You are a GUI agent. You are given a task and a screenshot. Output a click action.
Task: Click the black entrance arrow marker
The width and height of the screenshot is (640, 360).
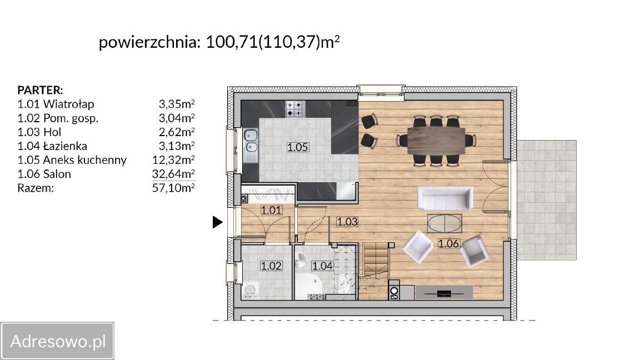tap(218, 222)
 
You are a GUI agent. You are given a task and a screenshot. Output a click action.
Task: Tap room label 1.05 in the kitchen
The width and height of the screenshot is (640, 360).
tap(297, 147)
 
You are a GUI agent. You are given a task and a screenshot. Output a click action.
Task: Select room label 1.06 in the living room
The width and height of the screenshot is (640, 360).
tap(448, 243)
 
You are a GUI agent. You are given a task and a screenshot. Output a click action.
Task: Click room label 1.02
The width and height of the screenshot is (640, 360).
tap(271, 266)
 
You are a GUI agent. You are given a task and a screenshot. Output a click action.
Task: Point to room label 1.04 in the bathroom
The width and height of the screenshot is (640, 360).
tap(322, 266)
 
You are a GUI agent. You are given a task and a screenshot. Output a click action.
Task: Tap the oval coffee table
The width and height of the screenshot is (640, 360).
tap(444, 224)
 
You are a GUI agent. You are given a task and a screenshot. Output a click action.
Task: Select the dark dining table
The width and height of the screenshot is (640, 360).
tap(436, 141)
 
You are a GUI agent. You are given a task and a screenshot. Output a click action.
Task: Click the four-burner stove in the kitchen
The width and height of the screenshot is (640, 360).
tap(295, 108)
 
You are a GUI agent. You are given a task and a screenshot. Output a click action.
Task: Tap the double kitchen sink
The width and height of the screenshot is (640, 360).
tap(251, 141)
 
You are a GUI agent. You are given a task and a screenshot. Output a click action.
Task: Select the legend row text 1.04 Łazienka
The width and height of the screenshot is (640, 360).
tap(52, 146)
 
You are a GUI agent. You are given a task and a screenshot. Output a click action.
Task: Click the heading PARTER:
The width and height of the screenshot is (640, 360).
tap(40, 89)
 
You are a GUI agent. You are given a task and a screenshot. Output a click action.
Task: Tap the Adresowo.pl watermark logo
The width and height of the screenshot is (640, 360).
tap(57, 341)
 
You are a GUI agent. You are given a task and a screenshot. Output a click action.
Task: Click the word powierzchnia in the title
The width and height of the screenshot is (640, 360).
tap(149, 42)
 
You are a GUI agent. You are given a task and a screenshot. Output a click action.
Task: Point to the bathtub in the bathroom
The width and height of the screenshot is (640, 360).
tap(309, 286)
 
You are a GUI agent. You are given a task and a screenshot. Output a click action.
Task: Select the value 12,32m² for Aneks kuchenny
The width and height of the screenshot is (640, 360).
tap(173, 160)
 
